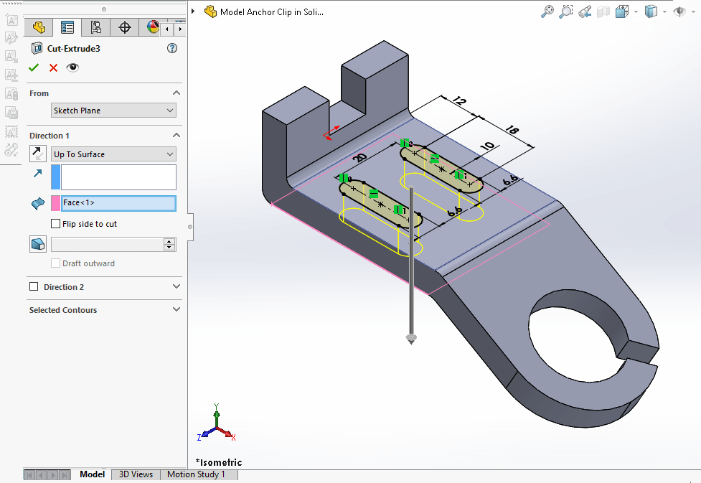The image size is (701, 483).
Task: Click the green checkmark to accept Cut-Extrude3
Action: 34,67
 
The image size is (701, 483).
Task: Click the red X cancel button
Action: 53,67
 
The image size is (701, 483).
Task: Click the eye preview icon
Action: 72,67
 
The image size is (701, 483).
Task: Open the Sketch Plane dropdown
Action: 113,111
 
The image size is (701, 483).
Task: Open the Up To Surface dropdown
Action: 113,154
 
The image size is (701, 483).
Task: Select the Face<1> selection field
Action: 118,203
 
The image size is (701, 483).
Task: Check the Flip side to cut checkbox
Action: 56,224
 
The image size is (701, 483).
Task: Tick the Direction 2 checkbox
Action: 34,287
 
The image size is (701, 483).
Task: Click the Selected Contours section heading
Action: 63,310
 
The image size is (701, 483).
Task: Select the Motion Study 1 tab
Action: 196,474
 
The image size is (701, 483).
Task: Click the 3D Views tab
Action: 136,474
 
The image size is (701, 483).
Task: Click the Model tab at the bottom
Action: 92,474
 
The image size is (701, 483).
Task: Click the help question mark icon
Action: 171,49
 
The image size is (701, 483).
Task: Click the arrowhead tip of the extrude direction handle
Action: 411,339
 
